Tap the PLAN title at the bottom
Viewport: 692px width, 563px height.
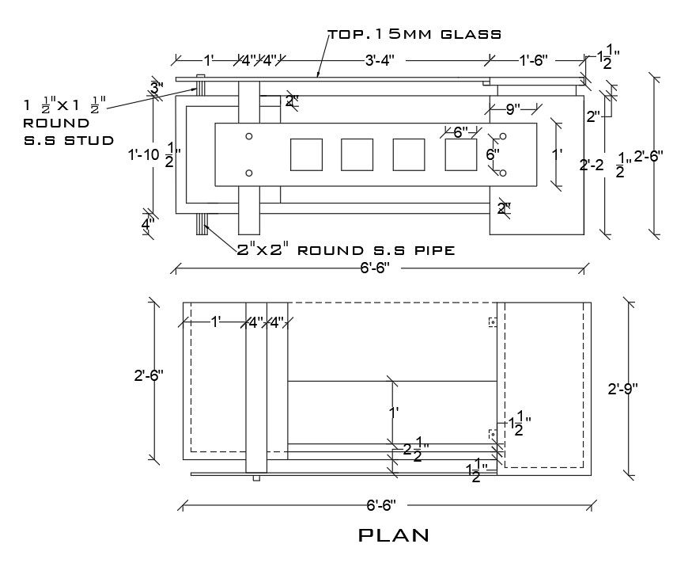[x=394, y=535]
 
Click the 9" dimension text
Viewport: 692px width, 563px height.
[x=512, y=110]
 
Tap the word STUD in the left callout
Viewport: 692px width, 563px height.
[x=91, y=140]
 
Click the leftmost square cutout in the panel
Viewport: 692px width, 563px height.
[x=306, y=154]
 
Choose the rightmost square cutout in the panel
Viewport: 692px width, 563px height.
[x=460, y=154]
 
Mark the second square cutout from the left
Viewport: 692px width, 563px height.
[x=357, y=154]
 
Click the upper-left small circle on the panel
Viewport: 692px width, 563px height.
[x=249, y=136]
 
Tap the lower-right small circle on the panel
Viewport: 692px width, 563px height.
[x=502, y=173]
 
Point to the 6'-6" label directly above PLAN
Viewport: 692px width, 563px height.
[x=381, y=504]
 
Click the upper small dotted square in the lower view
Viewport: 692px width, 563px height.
[x=491, y=321]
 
